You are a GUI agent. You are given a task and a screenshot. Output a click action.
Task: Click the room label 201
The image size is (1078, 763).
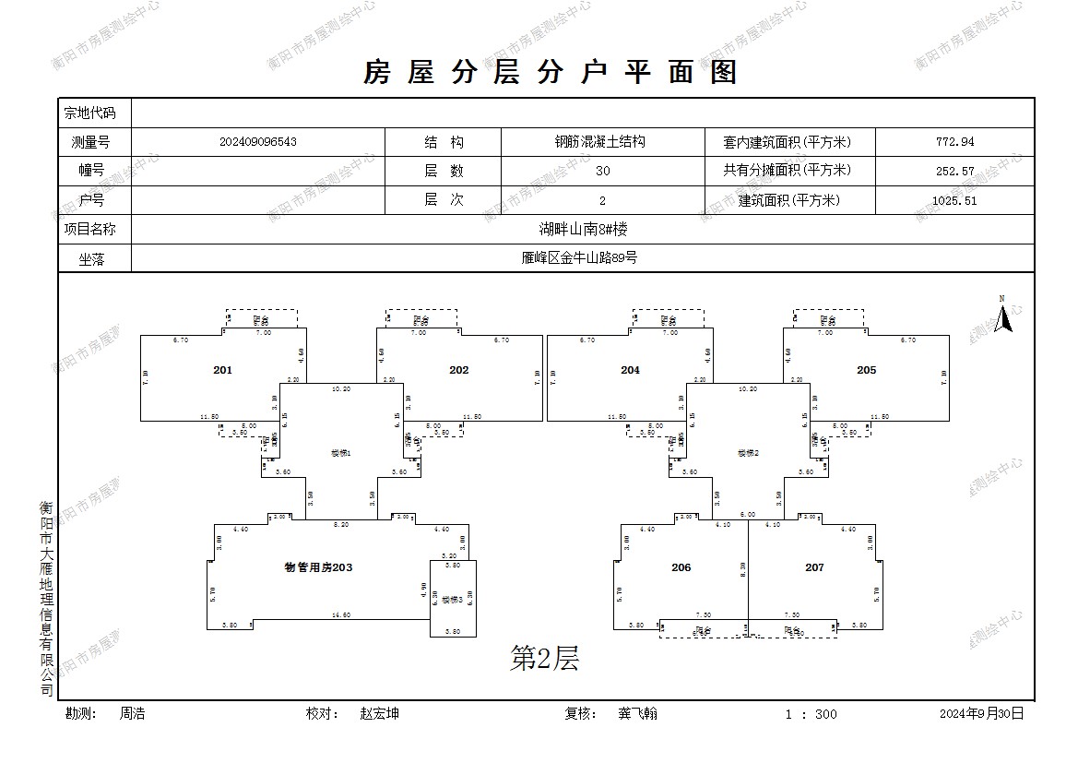click(x=222, y=370)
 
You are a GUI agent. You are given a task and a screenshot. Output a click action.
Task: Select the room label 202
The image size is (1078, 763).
click(x=458, y=370)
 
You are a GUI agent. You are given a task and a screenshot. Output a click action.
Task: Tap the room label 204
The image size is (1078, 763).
click(x=630, y=370)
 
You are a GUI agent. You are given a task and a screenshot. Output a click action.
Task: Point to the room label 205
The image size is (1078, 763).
click(x=866, y=370)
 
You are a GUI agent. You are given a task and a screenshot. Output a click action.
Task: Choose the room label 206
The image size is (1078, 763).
click(x=681, y=567)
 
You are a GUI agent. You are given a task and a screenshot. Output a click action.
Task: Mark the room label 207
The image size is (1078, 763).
click(x=814, y=567)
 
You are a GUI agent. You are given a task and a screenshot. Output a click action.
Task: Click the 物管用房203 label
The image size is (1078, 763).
click(x=318, y=567)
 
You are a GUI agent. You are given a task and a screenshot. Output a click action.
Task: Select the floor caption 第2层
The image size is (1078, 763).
click(x=544, y=658)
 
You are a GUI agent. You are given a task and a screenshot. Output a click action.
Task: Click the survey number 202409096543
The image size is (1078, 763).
click(x=258, y=142)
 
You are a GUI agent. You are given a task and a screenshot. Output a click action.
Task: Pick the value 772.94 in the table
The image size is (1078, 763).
click(x=954, y=142)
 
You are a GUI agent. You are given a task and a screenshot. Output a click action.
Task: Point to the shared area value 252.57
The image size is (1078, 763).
click(x=954, y=171)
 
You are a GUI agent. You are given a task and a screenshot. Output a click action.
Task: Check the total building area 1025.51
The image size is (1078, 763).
click(x=954, y=200)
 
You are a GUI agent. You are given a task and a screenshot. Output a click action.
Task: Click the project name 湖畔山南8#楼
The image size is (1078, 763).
click(x=584, y=229)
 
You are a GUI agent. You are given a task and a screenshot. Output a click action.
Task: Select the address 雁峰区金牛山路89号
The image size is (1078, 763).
click(x=579, y=258)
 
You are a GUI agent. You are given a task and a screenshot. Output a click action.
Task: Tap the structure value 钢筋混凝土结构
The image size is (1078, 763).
click(x=599, y=142)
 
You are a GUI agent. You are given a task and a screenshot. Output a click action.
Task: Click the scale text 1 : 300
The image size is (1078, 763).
click(x=811, y=714)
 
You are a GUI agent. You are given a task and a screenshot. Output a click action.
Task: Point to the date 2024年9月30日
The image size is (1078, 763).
click(x=981, y=713)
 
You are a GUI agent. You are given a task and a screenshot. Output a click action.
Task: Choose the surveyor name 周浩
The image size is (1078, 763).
click(x=132, y=713)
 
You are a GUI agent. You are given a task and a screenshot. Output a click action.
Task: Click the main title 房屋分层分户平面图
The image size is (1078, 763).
click(x=551, y=72)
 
